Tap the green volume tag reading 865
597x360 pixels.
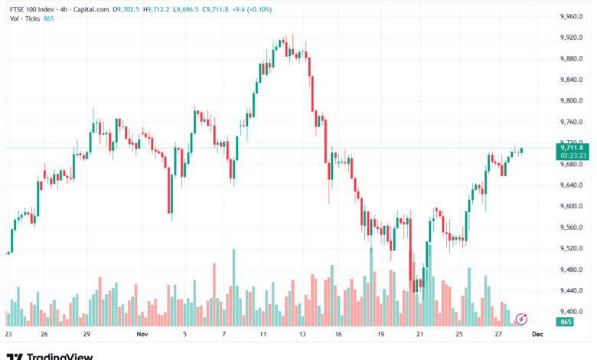pos(566,322)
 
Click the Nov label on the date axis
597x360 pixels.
pos(141,335)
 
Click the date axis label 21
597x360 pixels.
pos(419,335)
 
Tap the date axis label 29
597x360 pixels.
pos(87,335)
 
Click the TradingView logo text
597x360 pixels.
pos(60,356)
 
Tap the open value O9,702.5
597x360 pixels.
pos(126,9)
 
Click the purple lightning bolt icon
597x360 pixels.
pos(522,318)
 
